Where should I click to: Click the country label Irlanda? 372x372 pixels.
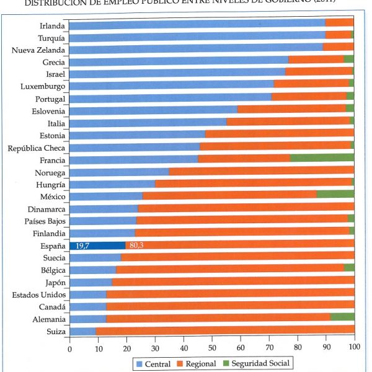pos(51,26)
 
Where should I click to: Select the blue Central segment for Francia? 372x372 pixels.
pos(133,159)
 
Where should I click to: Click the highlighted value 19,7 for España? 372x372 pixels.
pos(82,246)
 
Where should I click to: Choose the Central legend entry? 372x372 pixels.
pos(152,363)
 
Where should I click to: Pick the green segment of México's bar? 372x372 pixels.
pos(335,195)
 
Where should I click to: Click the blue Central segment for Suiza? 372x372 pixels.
pos(82,331)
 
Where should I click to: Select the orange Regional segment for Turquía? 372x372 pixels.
pos(339,37)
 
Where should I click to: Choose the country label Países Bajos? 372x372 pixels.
pos(45,221)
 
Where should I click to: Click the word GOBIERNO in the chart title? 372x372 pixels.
pos(304,2)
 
